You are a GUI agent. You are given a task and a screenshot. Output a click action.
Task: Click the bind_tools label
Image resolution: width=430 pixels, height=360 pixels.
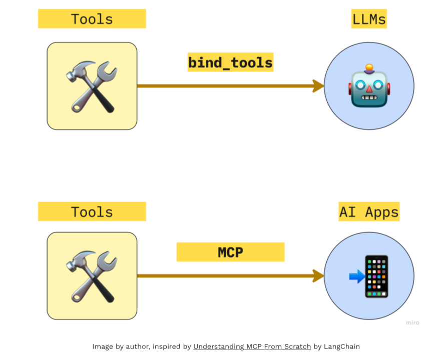tap(230, 62)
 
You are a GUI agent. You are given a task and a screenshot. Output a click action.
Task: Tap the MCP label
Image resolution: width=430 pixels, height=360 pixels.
tap(230, 252)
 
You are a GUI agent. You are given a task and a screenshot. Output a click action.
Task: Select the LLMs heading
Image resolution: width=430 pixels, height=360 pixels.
tap(369, 19)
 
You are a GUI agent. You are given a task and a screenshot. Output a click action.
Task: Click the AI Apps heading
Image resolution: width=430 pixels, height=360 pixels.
tap(369, 212)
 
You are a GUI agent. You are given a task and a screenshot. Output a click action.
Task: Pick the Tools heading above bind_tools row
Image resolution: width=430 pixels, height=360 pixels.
tap(92, 19)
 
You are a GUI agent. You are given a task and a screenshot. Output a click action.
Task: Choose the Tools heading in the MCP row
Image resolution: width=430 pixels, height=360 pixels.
tap(92, 211)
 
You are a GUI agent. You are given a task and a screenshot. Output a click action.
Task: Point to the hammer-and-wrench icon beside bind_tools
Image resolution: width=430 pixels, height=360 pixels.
tap(92, 86)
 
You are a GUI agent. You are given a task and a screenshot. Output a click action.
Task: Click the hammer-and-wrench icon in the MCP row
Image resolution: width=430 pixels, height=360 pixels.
tap(92, 275)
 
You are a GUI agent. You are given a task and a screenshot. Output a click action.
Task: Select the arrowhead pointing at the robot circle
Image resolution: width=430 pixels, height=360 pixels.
tap(318, 86)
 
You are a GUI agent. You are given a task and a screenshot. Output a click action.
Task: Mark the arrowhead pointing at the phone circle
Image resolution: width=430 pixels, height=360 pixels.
tap(318, 275)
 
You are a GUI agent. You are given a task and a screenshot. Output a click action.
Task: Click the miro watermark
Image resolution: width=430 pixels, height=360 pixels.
tap(412, 323)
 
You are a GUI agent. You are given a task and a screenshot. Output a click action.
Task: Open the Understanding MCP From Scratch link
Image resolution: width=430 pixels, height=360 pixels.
tap(252, 346)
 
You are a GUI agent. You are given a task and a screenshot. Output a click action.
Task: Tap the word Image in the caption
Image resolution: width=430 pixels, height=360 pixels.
tap(103, 346)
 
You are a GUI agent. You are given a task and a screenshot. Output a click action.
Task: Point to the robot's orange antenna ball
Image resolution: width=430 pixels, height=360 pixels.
tap(369, 66)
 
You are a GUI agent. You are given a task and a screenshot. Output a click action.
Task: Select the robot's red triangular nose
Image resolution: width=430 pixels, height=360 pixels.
tap(369, 89)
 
